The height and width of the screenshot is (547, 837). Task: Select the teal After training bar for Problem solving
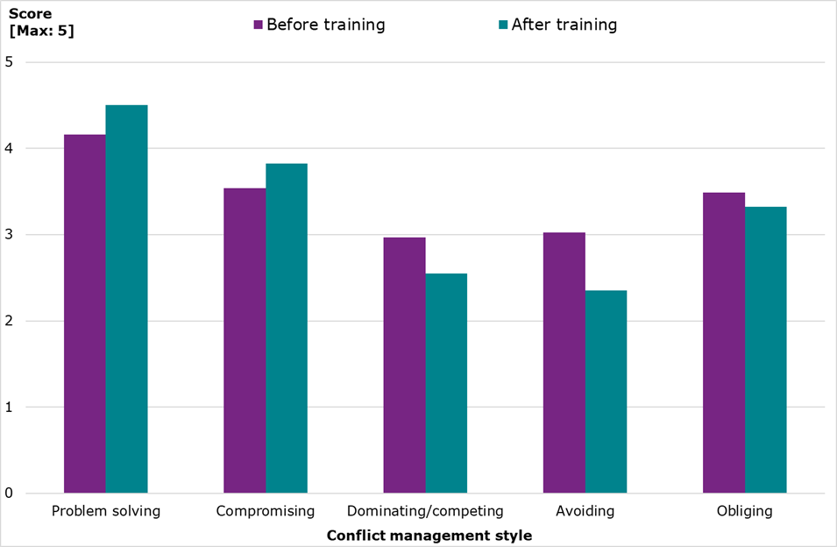coord(126,299)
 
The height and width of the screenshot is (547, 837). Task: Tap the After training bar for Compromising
coord(287,328)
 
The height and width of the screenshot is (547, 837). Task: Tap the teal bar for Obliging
coord(765,350)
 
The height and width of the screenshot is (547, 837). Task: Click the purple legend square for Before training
coord(259,25)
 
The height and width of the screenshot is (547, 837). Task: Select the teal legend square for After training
coord(503,25)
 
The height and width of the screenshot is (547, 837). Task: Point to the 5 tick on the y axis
coord(9,62)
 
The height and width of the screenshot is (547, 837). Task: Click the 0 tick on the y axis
coord(9,494)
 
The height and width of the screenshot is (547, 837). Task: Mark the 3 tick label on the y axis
coord(9,235)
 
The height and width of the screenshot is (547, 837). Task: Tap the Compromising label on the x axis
coord(266,511)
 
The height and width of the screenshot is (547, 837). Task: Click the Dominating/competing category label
coord(425,511)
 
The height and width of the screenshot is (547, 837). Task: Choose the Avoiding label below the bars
coord(585,511)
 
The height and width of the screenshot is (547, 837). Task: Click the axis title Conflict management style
coord(429,535)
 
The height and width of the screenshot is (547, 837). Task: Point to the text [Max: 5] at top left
coord(41,32)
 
